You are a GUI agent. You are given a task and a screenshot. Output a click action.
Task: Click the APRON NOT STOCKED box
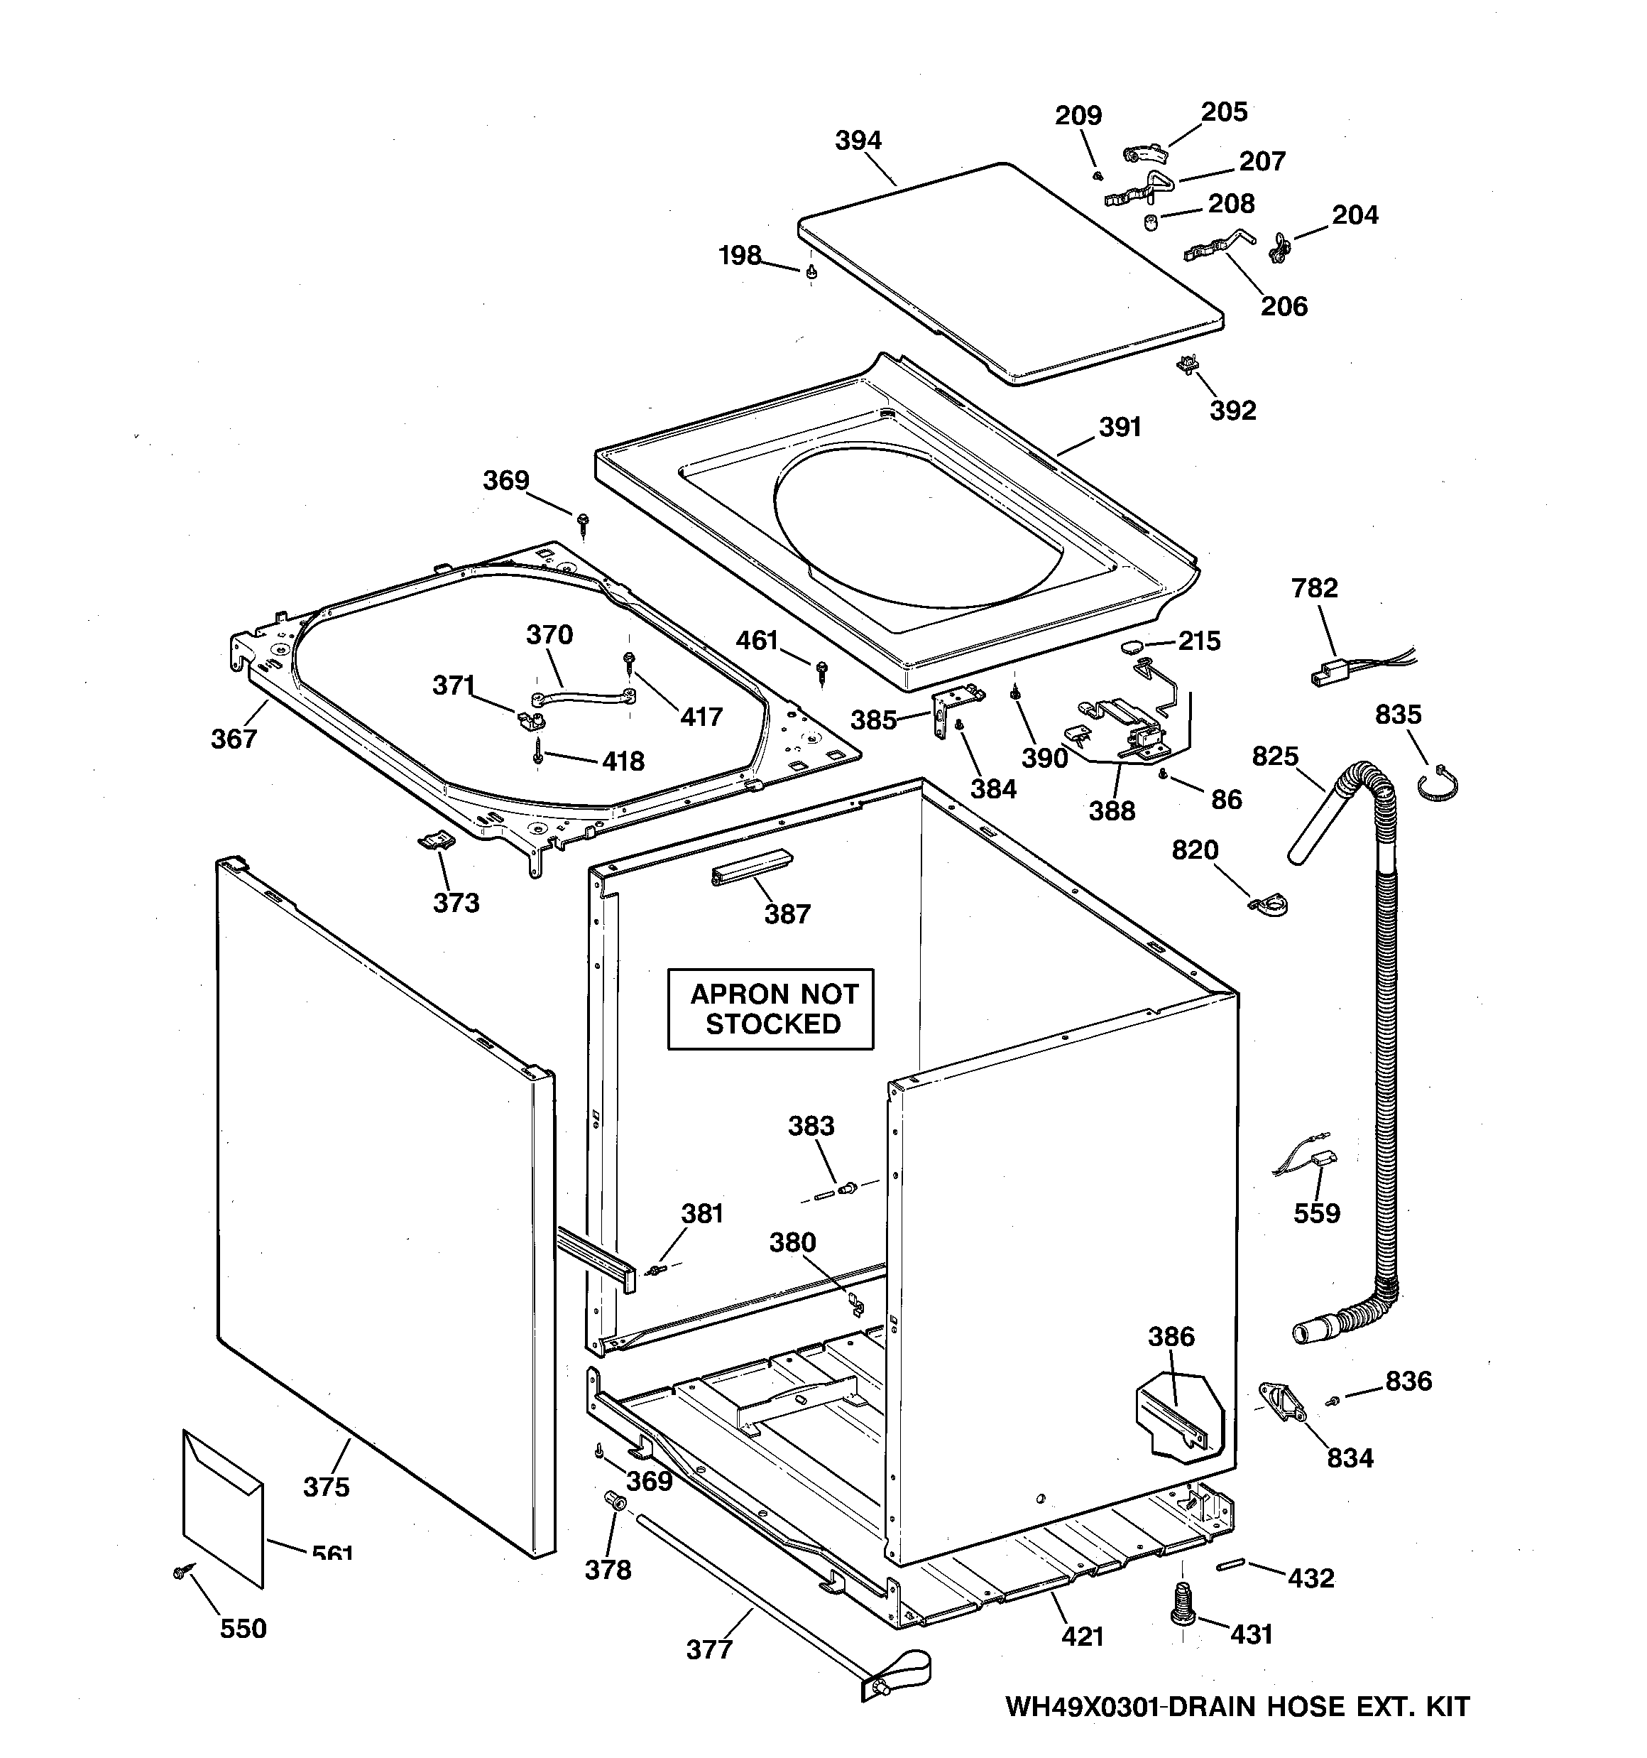770,1009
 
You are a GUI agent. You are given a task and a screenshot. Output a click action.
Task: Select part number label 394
858,141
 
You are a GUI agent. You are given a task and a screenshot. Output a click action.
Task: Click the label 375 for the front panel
327,1487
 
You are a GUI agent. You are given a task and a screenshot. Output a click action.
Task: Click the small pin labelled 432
1230,1566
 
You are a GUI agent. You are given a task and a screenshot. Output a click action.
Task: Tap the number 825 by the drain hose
1275,756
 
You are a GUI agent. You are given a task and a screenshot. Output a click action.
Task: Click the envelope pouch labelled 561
223,1506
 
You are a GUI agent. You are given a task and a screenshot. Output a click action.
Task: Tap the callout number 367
234,739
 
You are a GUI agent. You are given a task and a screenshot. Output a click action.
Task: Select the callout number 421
1082,1637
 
